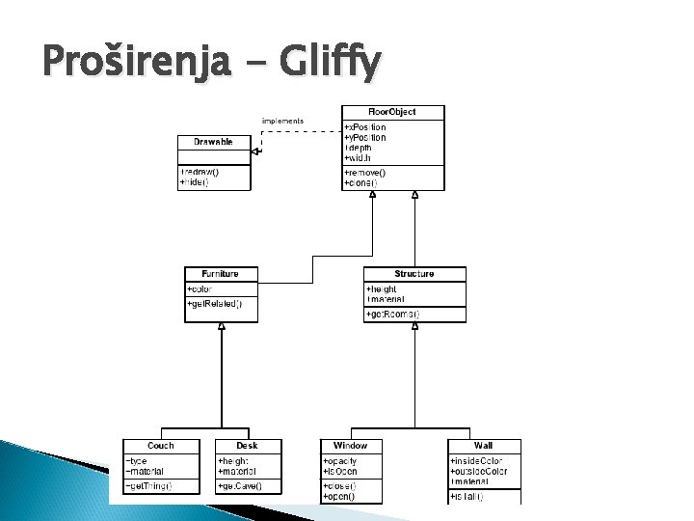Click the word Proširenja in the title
click(x=136, y=64)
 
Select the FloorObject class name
click(x=392, y=112)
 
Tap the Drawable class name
click(x=213, y=142)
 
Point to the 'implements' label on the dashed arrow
click(x=282, y=121)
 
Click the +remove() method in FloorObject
click(x=364, y=172)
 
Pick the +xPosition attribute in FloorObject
click(x=365, y=127)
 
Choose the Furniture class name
click(x=221, y=274)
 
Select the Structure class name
click(x=414, y=274)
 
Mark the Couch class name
click(x=161, y=446)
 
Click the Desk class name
click(x=247, y=446)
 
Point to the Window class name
click(x=351, y=446)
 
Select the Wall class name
click(x=484, y=446)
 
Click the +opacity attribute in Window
click(x=340, y=461)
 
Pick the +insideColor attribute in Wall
click(x=476, y=461)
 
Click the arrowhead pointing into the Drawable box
click(x=255, y=151)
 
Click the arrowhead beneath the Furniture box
click(x=222, y=327)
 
